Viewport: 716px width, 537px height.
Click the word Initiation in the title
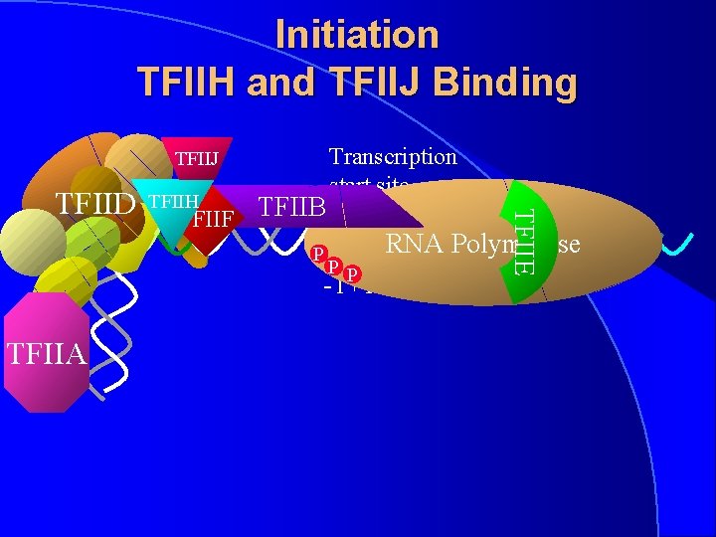357,35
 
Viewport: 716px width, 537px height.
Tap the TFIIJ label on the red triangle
197,158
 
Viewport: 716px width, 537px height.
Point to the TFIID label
94,203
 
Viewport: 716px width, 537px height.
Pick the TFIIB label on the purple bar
292,208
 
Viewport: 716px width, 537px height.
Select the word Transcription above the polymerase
393,156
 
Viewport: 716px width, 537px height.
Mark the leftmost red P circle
318,253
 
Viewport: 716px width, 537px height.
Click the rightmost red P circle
352,273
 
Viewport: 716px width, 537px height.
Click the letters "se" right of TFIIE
569,243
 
